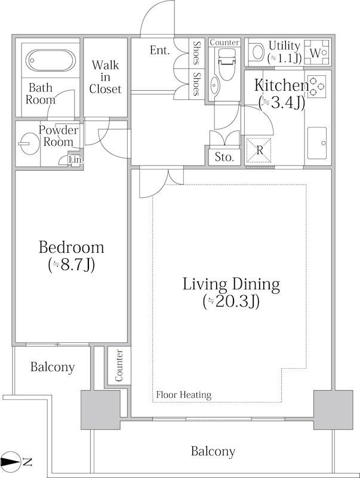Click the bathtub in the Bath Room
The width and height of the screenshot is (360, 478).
pyautogui.click(x=51, y=60)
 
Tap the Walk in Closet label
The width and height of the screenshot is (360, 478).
pyautogui.click(x=106, y=77)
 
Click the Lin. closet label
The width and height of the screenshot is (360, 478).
pyautogui.click(x=76, y=160)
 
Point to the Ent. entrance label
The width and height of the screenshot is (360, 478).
pyautogui.click(x=159, y=50)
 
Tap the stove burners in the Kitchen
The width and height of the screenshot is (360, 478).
pyautogui.click(x=317, y=87)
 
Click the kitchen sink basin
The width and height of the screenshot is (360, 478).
pyautogui.click(x=317, y=143)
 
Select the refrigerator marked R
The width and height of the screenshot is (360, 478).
pyautogui.click(x=259, y=151)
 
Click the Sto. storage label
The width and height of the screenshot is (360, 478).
pyautogui.click(x=224, y=157)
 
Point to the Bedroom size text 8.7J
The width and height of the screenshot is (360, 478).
pyautogui.click(x=72, y=265)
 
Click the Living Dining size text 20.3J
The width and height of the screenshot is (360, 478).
pyautogui.click(x=231, y=302)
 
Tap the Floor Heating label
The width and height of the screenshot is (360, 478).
pyautogui.click(x=184, y=395)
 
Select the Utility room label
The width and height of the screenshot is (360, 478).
pyautogui.click(x=284, y=46)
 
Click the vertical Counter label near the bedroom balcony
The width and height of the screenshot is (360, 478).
pyautogui.click(x=119, y=366)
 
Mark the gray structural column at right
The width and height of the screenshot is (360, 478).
pyautogui.click(x=333, y=410)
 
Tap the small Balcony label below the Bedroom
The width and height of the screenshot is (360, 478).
pyautogui.click(x=53, y=367)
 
